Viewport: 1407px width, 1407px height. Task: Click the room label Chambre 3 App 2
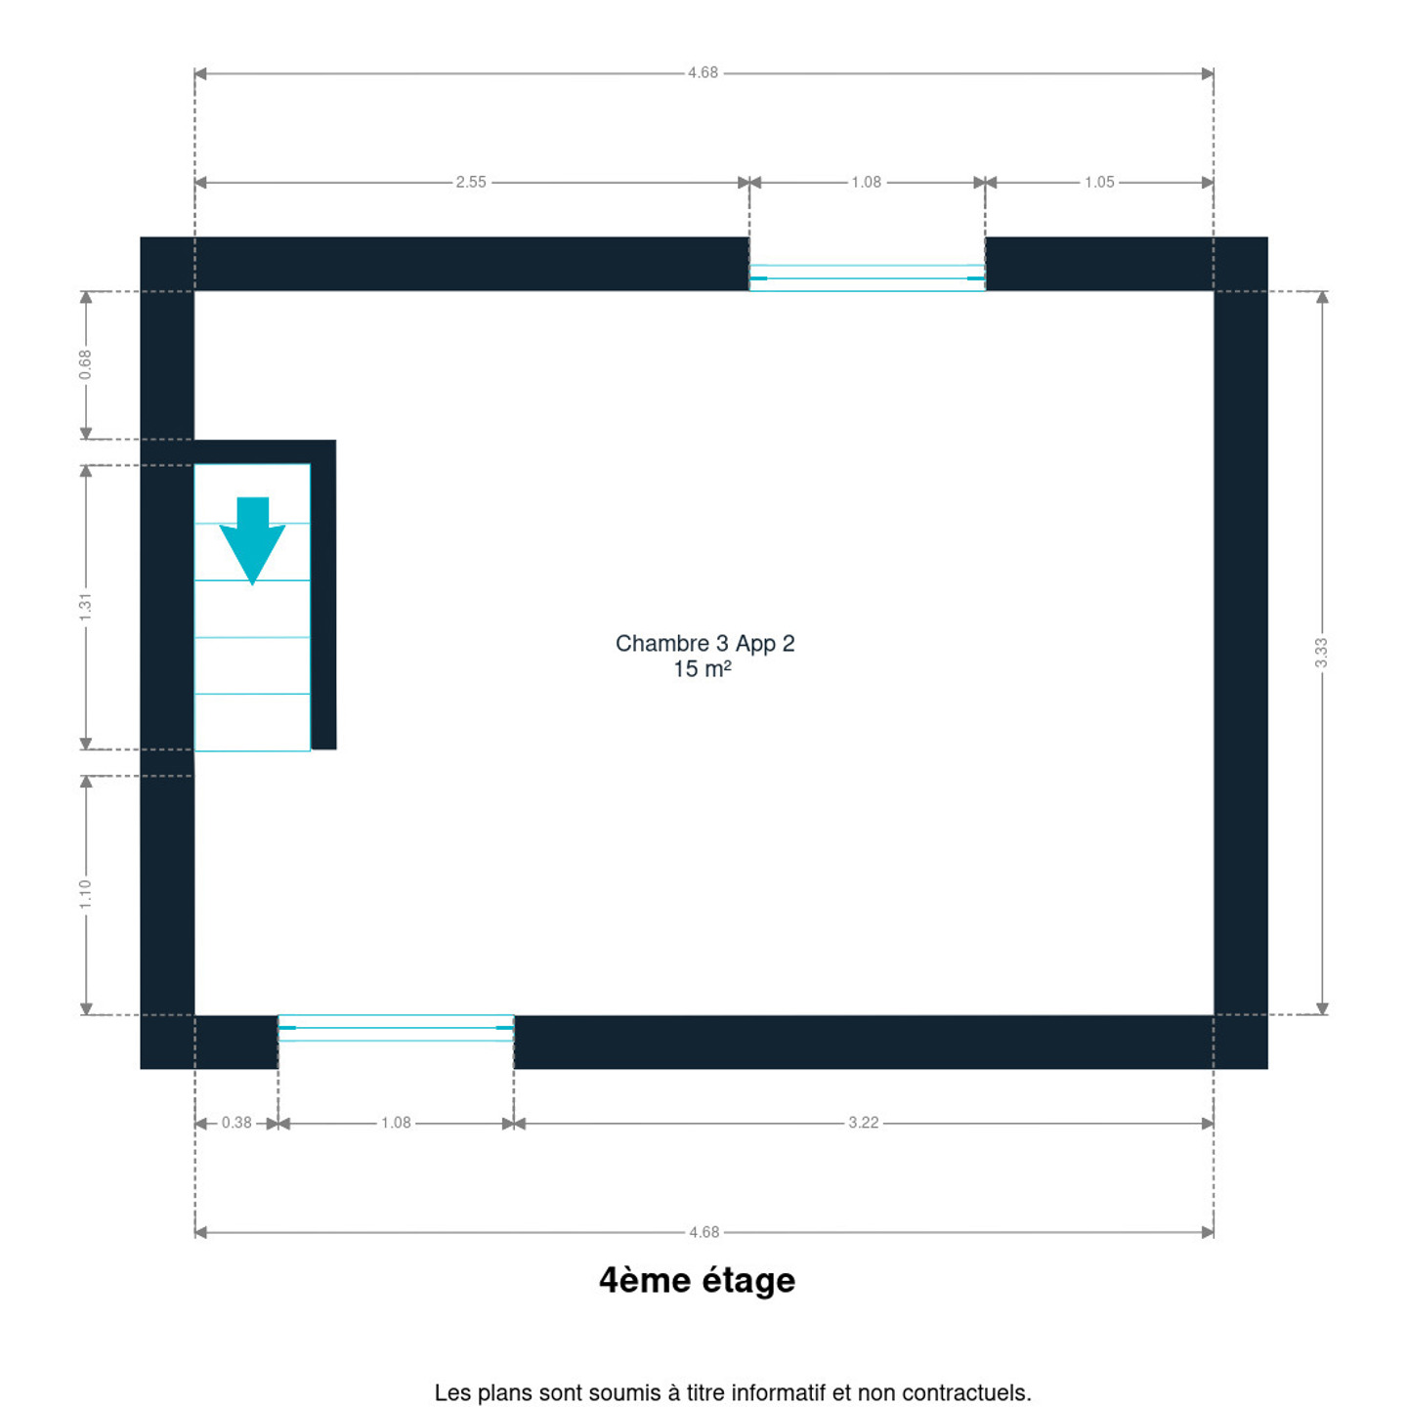[704, 643]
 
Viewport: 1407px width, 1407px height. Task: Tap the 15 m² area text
[702, 669]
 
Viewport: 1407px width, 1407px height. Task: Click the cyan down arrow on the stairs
[252, 541]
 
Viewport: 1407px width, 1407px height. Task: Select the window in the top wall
[867, 277]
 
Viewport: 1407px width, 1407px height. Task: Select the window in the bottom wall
[396, 1027]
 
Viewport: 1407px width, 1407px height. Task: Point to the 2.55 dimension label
[471, 182]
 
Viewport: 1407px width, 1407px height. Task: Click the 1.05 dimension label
[1099, 182]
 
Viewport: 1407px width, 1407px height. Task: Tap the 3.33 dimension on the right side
[1321, 652]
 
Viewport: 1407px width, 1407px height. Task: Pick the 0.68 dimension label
[85, 364]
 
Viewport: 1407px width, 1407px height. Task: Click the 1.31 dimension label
[85, 608]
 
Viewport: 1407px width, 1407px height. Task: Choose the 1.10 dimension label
[85, 894]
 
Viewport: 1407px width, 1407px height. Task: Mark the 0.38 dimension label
[236, 1123]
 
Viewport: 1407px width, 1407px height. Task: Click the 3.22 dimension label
[863, 1123]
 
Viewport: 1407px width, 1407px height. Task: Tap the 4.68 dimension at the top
[703, 72]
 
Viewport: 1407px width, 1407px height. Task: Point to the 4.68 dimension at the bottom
[704, 1232]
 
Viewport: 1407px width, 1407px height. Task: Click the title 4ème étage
[698, 1280]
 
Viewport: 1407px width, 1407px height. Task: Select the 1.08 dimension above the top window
[866, 182]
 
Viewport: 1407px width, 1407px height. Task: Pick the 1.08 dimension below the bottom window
[396, 1123]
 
